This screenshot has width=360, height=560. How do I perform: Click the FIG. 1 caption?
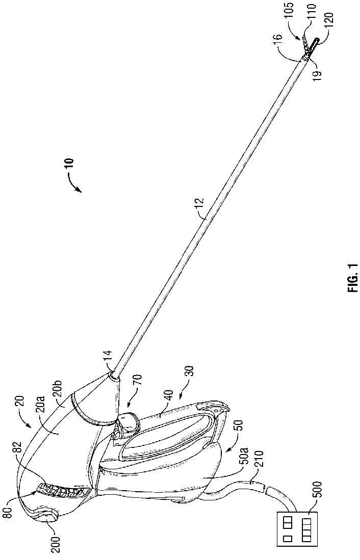click(353, 278)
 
